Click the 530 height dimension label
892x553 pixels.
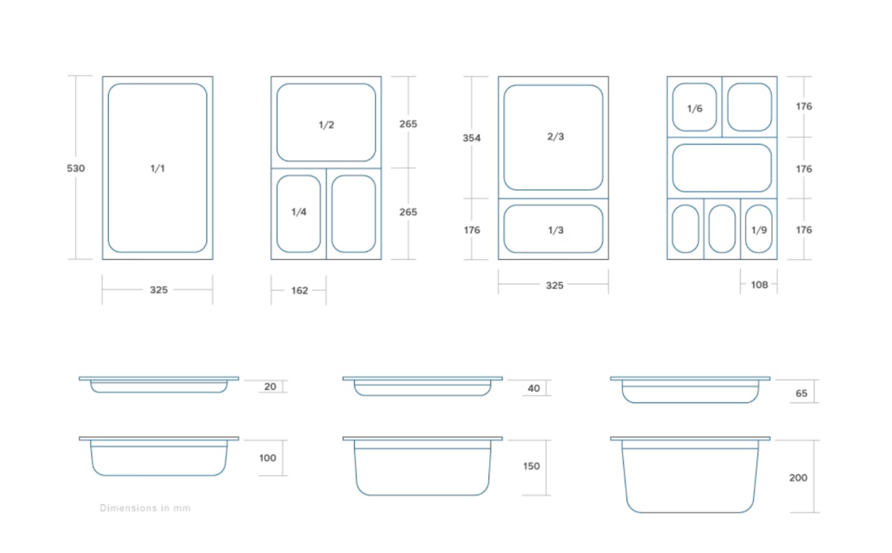click(76, 169)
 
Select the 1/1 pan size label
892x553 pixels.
click(157, 169)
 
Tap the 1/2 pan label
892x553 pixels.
click(326, 125)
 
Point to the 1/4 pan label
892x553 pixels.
click(299, 212)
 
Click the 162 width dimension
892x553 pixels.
click(300, 290)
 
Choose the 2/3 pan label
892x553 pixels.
click(555, 137)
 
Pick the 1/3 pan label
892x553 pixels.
click(555, 230)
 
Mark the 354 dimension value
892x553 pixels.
click(472, 138)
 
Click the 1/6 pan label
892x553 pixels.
click(695, 109)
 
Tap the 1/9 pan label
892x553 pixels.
click(759, 230)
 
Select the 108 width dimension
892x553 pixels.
click(759, 285)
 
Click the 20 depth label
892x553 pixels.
click(270, 387)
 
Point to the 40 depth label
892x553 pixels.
click(534, 389)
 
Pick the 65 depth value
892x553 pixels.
click(801, 394)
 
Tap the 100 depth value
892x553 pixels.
click(268, 458)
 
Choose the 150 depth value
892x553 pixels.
click(531, 466)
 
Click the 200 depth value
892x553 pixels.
click(798, 478)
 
